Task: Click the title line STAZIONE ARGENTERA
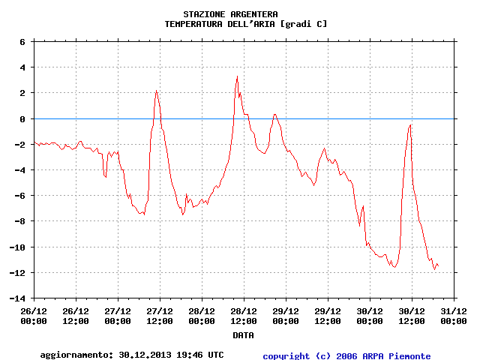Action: [230, 14]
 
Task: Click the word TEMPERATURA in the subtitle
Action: [193, 24]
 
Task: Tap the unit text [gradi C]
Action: [304, 24]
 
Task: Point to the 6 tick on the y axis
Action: [23, 42]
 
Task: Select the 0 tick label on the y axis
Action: [23, 119]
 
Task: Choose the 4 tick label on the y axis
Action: [23, 67]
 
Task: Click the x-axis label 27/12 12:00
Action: [159, 316]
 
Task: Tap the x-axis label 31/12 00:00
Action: [453, 316]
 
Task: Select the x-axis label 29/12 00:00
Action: [285, 316]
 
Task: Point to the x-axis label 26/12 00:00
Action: [34, 316]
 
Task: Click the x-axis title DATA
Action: [242, 335]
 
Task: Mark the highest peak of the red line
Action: [237, 76]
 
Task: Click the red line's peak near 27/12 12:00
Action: [156, 91]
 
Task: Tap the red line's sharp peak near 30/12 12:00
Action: [410, 125]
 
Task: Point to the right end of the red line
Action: [439, 267]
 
